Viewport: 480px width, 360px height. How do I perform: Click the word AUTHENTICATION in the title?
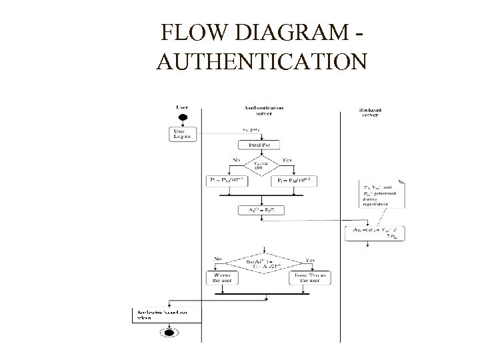coord(261,63)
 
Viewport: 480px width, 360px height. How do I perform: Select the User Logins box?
coord(182,133)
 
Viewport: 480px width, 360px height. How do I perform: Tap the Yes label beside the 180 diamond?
coord(287,159)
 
